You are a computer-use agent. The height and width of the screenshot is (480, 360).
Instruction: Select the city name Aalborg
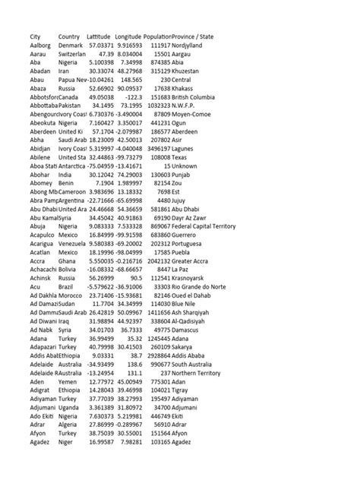[41, 46]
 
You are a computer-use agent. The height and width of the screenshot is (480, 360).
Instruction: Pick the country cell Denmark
[71, 46]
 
